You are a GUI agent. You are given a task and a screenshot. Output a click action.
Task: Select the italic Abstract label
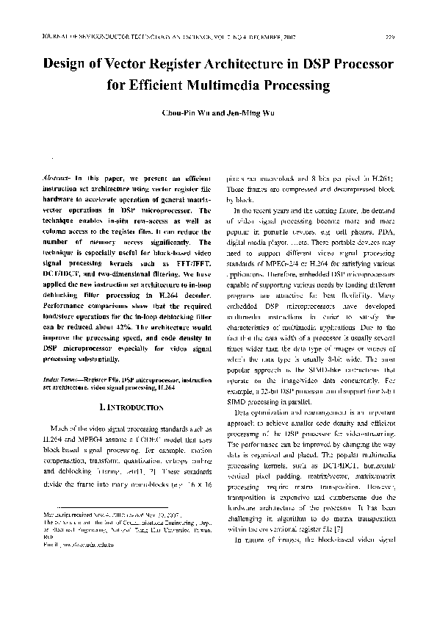coord(57,178)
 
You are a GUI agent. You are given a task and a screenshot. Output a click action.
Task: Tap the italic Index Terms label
coord(60,377)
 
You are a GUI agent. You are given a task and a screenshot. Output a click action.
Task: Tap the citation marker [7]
coord(334,529)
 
